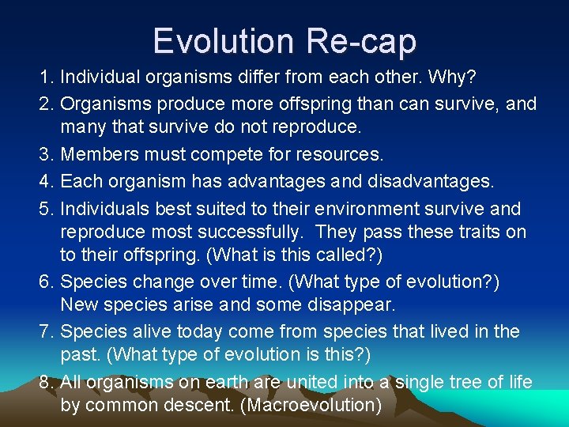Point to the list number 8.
47,382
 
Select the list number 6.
47,281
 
